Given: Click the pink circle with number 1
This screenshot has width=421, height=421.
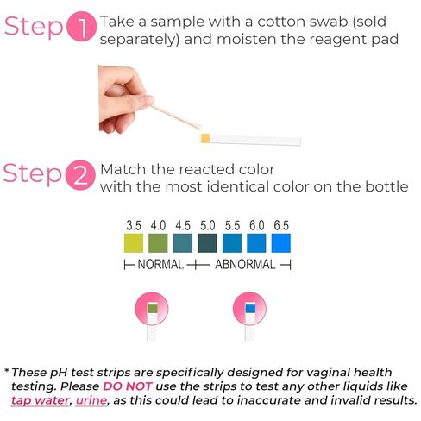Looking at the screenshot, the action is [82, 26].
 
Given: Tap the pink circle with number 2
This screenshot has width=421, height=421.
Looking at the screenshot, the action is [80, 175].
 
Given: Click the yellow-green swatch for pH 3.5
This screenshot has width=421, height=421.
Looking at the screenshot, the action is [134, 243].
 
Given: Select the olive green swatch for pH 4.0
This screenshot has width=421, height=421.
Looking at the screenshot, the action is [158, 243].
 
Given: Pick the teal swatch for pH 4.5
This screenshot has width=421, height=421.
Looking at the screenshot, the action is [183, 243].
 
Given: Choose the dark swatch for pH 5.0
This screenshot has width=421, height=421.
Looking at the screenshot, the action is [207, 243].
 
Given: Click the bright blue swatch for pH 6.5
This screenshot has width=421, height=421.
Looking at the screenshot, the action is [281, 243].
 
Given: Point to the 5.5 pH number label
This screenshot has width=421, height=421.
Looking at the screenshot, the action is [232, 225].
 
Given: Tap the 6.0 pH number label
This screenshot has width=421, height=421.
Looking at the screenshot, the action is [257, 225].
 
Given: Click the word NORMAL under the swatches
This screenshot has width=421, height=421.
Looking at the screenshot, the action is [160, 264].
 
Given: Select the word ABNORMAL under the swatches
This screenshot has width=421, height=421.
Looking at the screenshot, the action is [245, 264].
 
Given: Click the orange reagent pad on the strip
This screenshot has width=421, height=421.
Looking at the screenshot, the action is [205, 138].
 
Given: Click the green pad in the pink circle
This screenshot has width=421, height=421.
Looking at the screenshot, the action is [153, 308].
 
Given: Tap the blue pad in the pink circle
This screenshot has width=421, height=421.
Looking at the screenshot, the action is [250, 308].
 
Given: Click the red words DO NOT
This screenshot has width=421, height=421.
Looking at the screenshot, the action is [127, 386].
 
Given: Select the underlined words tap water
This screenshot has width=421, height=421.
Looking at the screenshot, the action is [40, 400].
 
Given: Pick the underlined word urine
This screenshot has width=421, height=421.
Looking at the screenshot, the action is [91, 400].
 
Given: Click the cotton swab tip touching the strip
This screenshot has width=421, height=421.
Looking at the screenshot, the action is [197, 126].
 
